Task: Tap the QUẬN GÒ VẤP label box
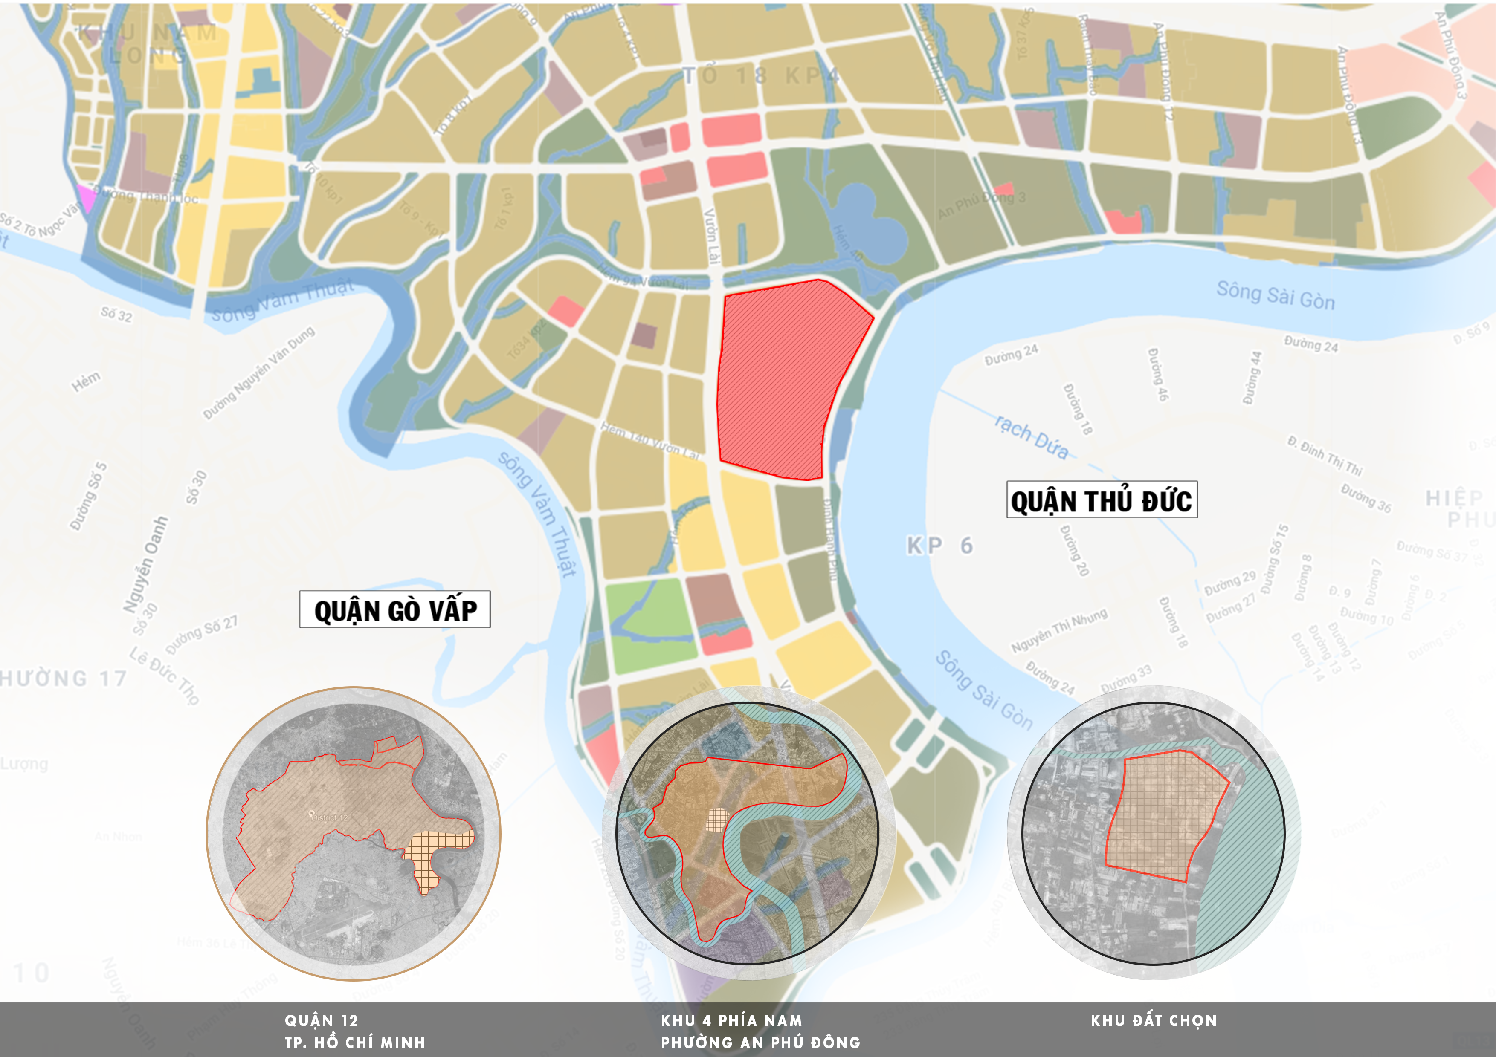pyautogui.click(x=395, y=609)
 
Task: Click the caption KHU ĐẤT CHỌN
pyautogui.click(x=1153, y=1020)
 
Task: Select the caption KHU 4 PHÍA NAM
pyautogui.click(x=731, y=1020)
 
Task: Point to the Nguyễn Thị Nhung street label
pyautogui.click(x=1059, y=630)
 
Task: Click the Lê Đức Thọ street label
pyautogui.click(x=164, y=676)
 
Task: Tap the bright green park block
pyautogui.click(x=648, y=625)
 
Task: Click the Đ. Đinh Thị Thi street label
pyautogui.click(x=1325, y=455)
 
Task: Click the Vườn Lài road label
pyautogui.click(x=712, y=236)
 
